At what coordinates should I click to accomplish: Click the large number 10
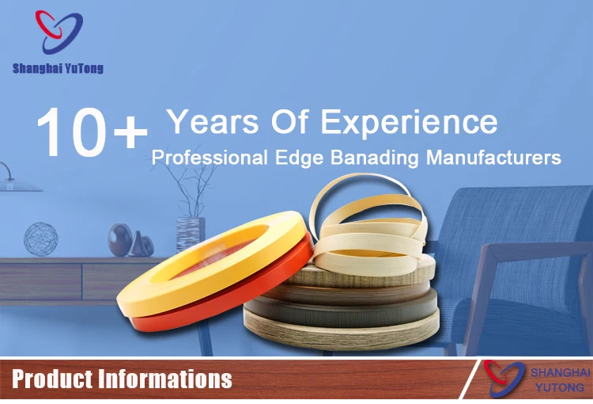[x=72, y=131]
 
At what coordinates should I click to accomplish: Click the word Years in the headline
[x=213, y=121]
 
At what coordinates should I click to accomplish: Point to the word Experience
[x=410, y=123]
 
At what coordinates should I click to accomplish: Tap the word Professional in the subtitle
[x=210, y=158]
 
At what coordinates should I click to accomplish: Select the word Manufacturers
[x=493, y=158]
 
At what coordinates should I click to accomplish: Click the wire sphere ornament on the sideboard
[x=41, y=239]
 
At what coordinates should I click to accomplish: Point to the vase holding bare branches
[x=191, y=234]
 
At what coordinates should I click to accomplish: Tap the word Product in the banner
[x=52, y=379]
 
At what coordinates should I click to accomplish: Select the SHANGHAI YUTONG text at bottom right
[x=560, y=379]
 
